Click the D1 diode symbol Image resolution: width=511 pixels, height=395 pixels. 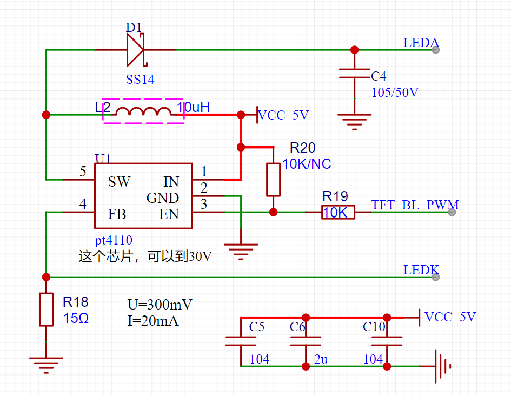pyautogui.click(x=135, y=50)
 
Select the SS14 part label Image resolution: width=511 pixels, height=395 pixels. pyautogui.click(x=140, y=79)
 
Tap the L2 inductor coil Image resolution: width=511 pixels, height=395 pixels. pyautogui.click(x=143, y=111)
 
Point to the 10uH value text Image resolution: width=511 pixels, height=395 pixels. pyautogui.click(x=193, y=107)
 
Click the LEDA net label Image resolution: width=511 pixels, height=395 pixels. pyautogui.click(x=421, y=43)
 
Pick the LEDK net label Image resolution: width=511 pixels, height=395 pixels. pyautogui.click(x=421, y=270)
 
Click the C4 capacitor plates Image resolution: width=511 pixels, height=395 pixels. pyautogui.click(x=354, y=74)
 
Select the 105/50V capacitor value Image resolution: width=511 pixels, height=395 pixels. pyautogui.click(x=395, y=93)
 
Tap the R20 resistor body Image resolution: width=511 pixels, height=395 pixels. pyautogui.click(x=274, y=180)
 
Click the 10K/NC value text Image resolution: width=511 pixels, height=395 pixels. pyautogui.click(x=307, y=164)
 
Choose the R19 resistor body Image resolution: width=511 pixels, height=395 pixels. pyautogui.click(x=338, y=212)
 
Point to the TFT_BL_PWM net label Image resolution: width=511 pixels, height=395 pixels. pyautogui.click(x=415, y=205)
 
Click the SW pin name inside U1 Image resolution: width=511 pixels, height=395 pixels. pyautogui.click(x=120, y=182)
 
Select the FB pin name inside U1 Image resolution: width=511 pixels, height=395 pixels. pyautogui.click(x=117, y=214)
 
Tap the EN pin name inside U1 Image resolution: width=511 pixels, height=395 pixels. pyautogui.click(x=169, y=214)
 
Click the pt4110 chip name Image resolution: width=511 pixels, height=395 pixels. pyautogui.click(x=114, y=240)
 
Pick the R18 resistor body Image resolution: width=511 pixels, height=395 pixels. pyautogui.click(x=47, y=310)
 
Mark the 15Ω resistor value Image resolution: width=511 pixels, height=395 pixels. pyautogui.click(x=76, y=318)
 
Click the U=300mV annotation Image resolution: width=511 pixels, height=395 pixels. pyautogui.click(x=160, y=304)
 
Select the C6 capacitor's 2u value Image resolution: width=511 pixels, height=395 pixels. pyautogui.click(x=321, y=359)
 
